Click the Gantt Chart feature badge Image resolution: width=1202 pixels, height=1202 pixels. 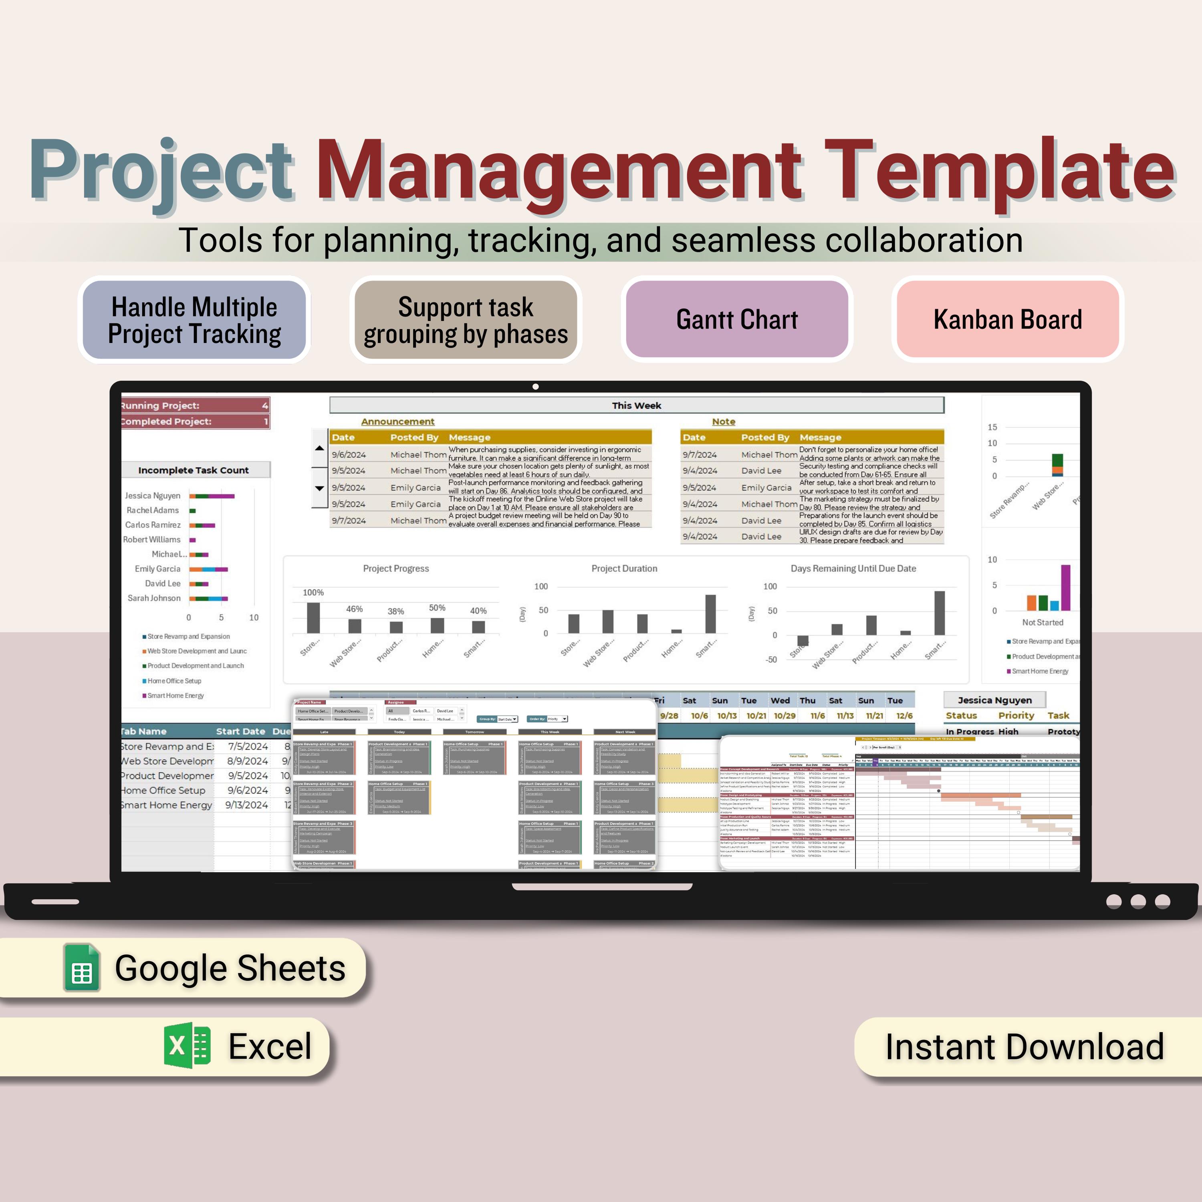[737, 320]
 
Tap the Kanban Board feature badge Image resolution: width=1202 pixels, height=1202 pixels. [1007, 320]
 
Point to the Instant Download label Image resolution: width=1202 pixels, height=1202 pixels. [1024, 1047]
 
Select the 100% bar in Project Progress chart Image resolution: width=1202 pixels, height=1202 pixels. [314, 618]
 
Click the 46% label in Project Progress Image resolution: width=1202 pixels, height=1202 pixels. [354, 609]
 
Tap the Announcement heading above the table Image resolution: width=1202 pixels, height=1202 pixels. [397, 422]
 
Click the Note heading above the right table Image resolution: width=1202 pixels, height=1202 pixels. [723, 422]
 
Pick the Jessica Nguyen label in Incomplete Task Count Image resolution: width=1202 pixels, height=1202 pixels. [152, 496]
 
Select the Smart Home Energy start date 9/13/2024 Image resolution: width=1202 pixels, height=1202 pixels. [246, 805]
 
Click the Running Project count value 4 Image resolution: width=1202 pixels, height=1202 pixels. [264, 405]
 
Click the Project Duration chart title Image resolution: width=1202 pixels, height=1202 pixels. [624, 569]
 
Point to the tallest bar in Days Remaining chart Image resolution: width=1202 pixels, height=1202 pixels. [940, 613]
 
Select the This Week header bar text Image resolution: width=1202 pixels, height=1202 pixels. [636, 405]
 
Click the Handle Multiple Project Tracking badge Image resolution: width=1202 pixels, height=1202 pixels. [194, 320]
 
